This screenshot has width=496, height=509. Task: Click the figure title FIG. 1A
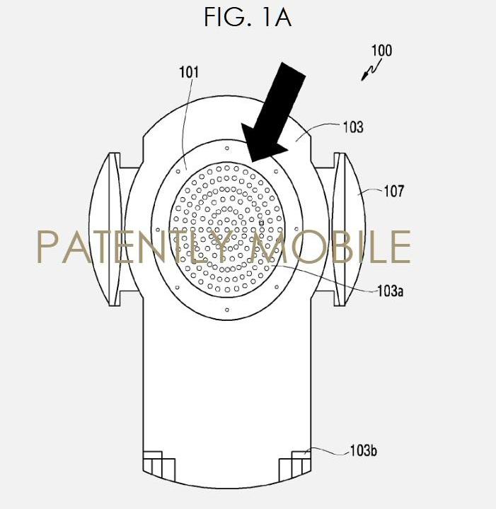click(248, 17)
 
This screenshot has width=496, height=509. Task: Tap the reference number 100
click(381, 51)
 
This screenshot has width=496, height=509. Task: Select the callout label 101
click(189, 72)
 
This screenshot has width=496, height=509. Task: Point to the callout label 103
click(353, 127)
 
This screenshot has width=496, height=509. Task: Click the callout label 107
click(394, 191)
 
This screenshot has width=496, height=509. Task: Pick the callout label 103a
click(390, 291)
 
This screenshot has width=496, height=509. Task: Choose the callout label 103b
click(363, 450)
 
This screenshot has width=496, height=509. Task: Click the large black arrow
click(275, 112)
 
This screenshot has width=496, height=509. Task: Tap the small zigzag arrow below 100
click(371, 70)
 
